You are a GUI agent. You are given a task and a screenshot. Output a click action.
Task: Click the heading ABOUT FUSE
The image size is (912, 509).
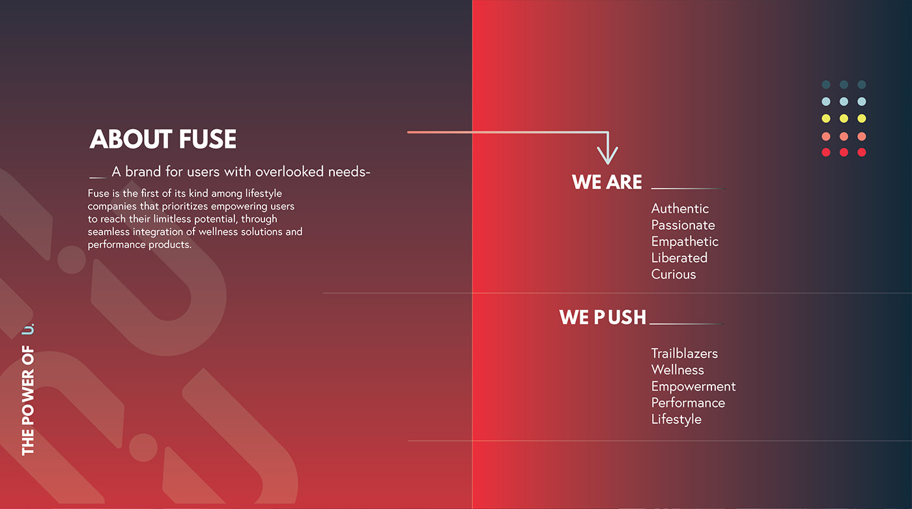pos(163,139)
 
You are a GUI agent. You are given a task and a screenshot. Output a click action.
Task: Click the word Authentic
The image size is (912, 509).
pos(679,209)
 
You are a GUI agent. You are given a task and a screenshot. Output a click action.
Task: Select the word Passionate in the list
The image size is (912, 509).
pos(683,225)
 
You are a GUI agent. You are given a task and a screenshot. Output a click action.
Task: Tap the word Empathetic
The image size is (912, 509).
pos(685,241)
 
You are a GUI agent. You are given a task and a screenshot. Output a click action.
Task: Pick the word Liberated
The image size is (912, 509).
pos(679,258)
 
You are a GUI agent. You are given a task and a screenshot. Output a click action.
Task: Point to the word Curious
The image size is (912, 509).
pos(674,274)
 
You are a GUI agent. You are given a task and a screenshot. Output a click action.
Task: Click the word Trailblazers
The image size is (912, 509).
pos(684,353)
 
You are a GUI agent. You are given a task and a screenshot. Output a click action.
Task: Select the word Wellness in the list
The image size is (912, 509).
pos(677,370)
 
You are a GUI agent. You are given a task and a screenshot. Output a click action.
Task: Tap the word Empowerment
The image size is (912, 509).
pos(693,386)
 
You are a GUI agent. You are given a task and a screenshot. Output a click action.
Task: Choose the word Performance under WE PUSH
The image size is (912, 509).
pos(688,402)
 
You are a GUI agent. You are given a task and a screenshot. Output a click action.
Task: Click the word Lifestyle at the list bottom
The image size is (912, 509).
pos(676,419)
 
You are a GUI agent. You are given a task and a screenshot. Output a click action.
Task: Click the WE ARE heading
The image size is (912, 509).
pos(606,182)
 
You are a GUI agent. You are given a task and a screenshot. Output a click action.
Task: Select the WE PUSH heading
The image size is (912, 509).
pos(603,317)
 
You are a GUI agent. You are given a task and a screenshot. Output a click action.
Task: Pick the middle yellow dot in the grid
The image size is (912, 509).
pos(844,118)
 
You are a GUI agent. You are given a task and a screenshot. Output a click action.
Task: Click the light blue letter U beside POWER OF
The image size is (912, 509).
pos(28,329)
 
